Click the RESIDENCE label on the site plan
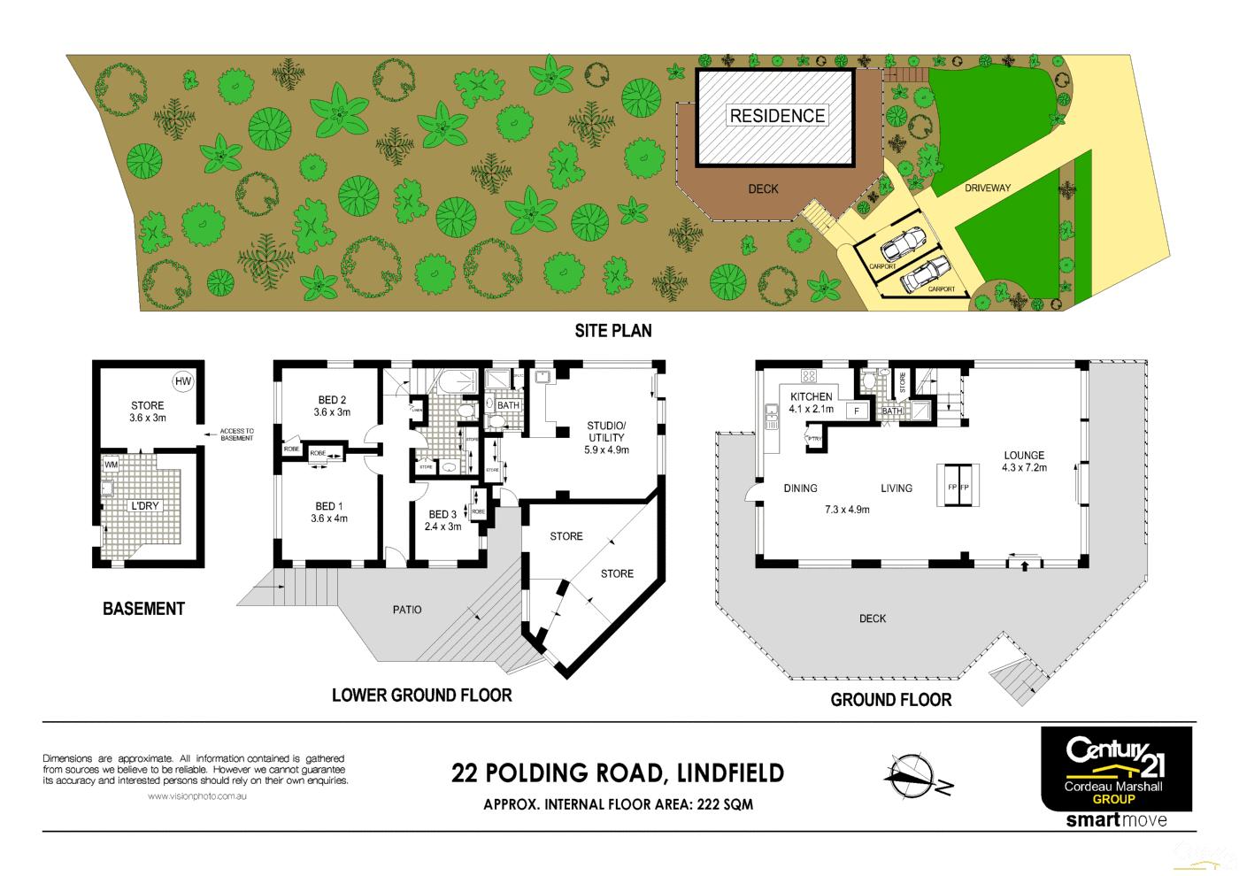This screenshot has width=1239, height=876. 777,116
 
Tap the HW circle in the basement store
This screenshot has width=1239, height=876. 183,381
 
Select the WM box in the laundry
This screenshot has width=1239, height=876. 112,464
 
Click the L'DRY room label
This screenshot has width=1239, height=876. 145,506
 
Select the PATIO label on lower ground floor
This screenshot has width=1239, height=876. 407,610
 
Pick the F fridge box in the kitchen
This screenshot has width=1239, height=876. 857,411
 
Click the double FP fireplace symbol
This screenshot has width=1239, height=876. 958,486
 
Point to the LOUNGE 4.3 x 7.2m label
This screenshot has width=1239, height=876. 1024,461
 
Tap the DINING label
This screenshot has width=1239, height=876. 800,488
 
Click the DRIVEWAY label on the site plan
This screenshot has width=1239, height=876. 988,188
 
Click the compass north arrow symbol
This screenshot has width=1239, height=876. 912,776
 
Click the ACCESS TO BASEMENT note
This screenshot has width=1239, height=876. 236,434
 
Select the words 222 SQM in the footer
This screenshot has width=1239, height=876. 725,804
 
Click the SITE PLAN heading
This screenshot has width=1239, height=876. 613,331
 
